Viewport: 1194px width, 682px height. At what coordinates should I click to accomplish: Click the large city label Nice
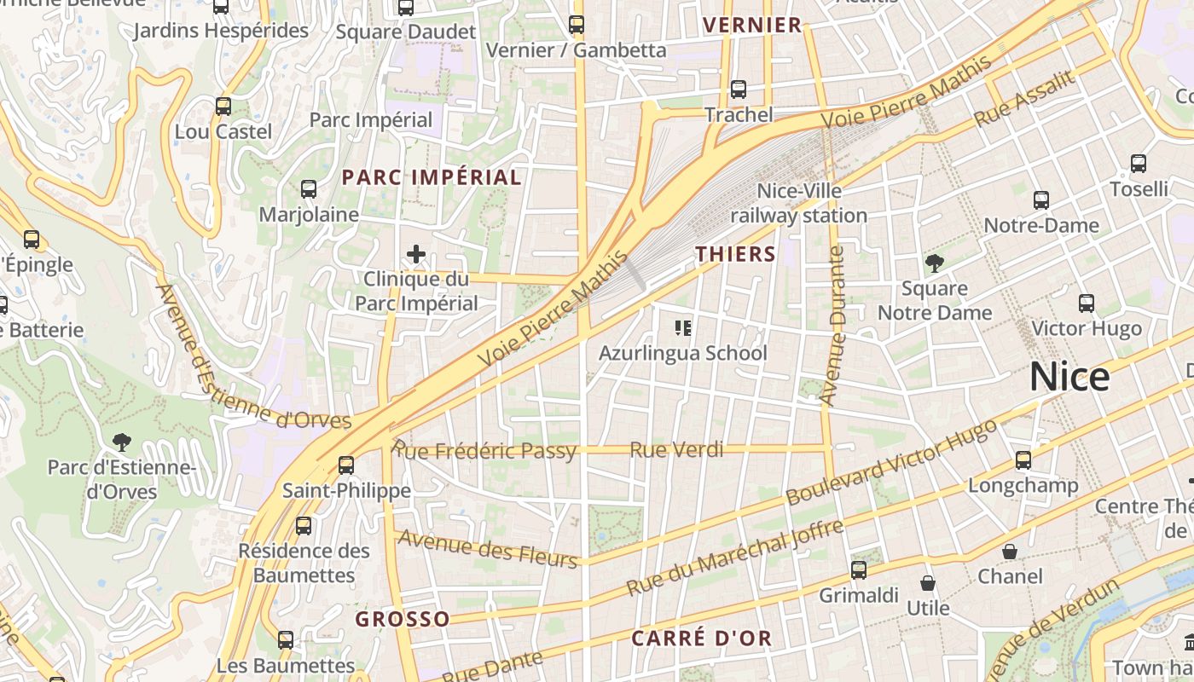(x=1069, y=377)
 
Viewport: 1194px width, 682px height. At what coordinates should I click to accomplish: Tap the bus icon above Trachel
(x=739, y=90)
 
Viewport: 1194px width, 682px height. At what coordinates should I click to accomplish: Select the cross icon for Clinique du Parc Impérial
(x=416, y=254)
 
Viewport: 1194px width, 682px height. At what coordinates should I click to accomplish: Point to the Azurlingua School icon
(x=682, y=327)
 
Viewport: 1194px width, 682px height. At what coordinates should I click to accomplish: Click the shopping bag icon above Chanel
(x=1010, y=552)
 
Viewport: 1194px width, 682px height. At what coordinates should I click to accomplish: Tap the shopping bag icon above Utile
(x=928, y=583)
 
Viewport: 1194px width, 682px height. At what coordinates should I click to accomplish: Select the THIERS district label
(x=735, y=254)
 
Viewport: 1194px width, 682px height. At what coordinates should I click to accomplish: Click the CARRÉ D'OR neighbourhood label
(x=701, y=639)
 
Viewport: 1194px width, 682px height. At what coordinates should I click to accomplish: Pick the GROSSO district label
(x=403, y=619)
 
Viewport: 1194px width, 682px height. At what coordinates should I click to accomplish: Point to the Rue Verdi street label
(x=676, y=449)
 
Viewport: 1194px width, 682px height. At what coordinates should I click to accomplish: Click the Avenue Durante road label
(x=832, y=326)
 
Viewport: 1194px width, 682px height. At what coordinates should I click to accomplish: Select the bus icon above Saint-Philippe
(x=346, y=465)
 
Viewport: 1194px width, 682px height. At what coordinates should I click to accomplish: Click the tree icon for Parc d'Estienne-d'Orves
(x=122, y=442)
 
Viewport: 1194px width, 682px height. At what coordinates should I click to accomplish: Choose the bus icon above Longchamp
(x=1023, y=460)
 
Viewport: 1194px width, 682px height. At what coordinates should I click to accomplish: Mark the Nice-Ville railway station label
(x=798, y=204)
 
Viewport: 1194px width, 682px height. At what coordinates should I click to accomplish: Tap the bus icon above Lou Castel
(x=223, y=107)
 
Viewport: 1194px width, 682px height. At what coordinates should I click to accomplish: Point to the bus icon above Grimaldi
(x=859, y=570)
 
